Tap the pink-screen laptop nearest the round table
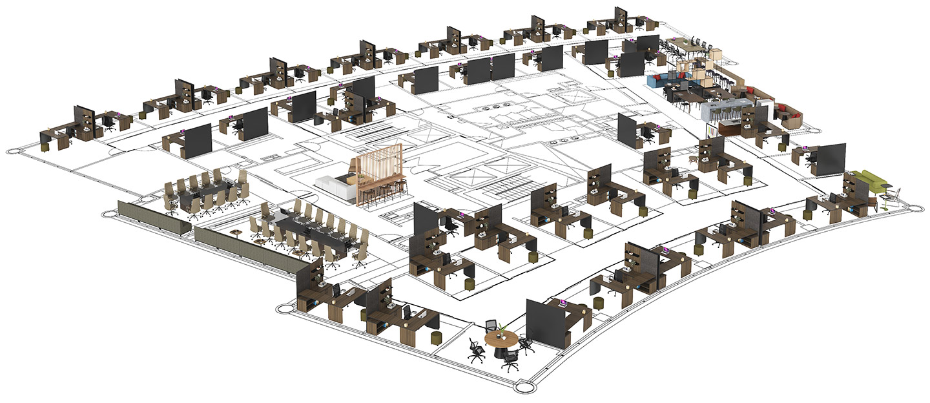(x=564, y=302)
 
